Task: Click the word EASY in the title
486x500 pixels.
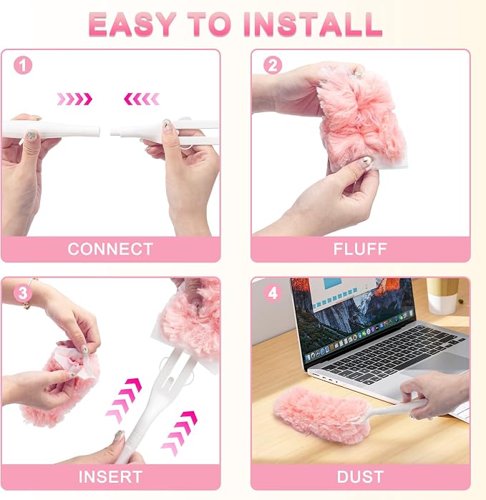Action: (x=132, y=24)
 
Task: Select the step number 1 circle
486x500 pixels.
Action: (x=23, y=65)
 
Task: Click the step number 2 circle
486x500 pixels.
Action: (x=273, y=65)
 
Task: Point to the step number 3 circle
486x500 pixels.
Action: (x=23, y=293)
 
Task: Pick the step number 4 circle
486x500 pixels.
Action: (x=273, y=293)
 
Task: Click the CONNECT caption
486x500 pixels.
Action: (x=110, y=249)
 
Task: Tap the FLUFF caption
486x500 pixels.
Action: (x=360, y=249)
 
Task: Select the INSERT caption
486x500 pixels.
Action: (x=110, y=476)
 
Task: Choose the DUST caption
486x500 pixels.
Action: (x=360, y=476)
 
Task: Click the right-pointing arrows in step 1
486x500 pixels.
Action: (x=74, y=99)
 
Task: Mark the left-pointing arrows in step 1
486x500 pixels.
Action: (x=142, y=99)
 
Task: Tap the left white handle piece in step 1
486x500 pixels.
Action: (x=51, y=129)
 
